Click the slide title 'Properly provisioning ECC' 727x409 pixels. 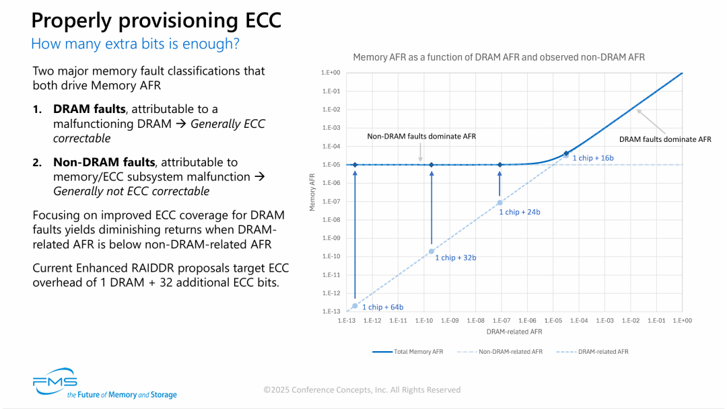pyautogui.click(x=156, y=20)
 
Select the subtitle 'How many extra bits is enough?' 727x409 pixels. pyautogui.click(x=136, y=44)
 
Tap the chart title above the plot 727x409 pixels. pyautogui.click(x=499, y=57)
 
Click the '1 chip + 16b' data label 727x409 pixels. pyautogui.click(x=593, y=157)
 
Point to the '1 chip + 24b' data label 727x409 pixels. pyautogui.click(x=520, y=212)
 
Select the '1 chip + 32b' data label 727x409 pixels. pyautogui.click(x=456, y=258)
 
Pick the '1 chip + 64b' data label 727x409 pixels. pyautogui.click(x=383, y=307)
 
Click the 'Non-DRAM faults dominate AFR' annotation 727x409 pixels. pyautogui.click(x=421, y=136)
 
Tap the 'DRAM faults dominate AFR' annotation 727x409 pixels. pyautogui.click(x=665, y=139)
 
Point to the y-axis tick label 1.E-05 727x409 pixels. pyautogui.click(x=331, y=165)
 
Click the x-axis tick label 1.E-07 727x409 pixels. pyautogui.click(x=501, y=321)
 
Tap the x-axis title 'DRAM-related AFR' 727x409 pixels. pyautogui.click(x=514, y=332)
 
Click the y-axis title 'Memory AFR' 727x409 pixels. pyautogui.click(x=312, y=192)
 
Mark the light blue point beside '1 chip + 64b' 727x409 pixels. pyautogui.click(x=355, y=306)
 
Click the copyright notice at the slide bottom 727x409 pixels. pyautogui.click(x=362, y=389)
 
